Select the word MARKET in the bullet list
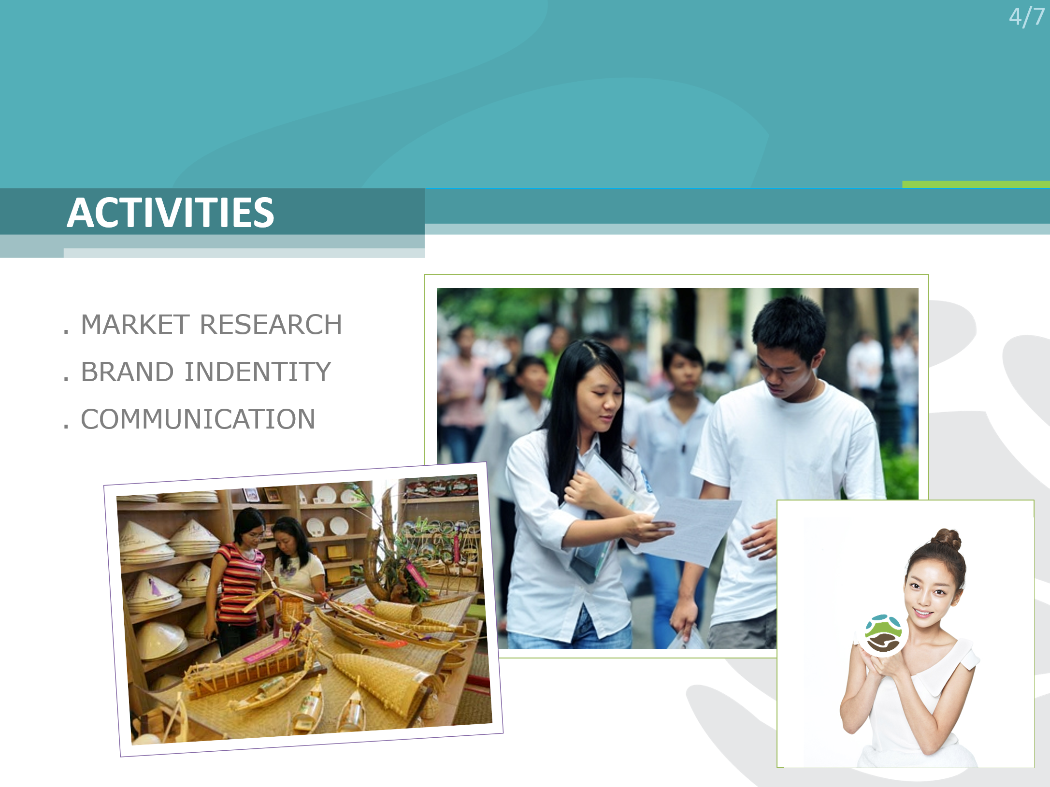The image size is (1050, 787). click(x=135, y=324)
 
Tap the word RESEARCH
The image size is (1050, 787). click(x=271, y=324)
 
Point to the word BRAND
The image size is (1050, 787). click(x=128, y=372)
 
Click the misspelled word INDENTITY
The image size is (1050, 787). click(x=258, y=372)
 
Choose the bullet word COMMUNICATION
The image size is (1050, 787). click(x=198, y=419)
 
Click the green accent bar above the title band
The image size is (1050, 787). click(x=976, y=184)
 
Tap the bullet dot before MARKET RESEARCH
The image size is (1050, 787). click(x=66, y=332)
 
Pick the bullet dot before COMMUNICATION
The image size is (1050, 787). click(x=66, y=427)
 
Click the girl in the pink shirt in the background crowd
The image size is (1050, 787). click(x=461, y=386)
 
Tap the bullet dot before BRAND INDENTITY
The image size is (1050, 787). click(x=66, y=379)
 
